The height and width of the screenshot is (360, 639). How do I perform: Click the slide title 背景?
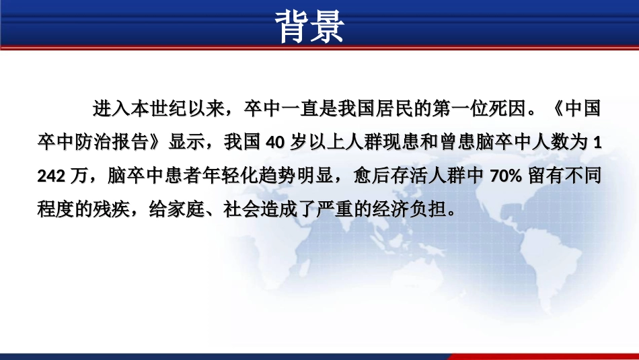(311, 28)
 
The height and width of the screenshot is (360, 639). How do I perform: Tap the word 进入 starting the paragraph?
(106, 108)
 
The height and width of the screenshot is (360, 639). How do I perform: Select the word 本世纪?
(159, 108)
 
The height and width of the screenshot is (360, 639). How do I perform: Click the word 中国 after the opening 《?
(582, 108)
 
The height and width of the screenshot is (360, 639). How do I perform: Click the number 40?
(276, 142)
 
